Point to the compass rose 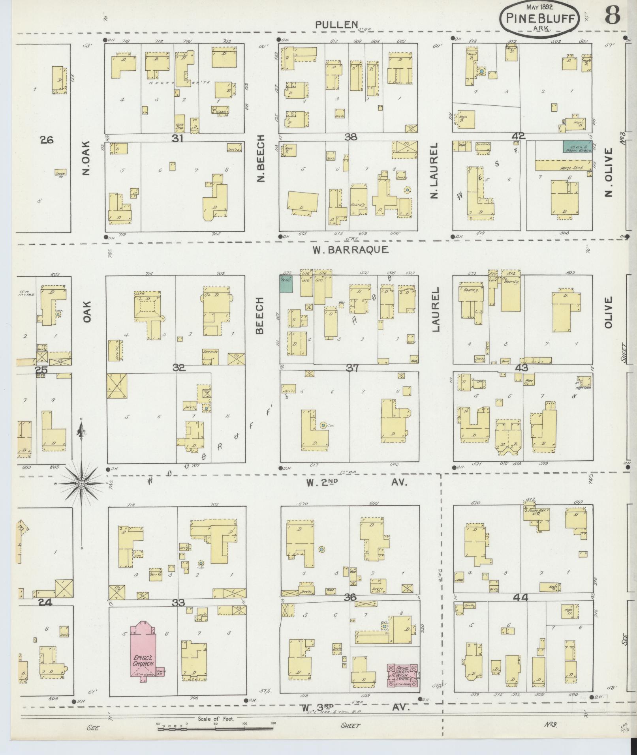click(x=81, y=483)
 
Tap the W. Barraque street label click(x=350, y=249)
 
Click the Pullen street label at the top click(x=336, y=24)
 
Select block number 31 click(x=178, y=138)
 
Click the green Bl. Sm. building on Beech click(x=286, y=283)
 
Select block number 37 click(x=351, y=368)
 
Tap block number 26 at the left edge click(x=47, y=140)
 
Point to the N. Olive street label click(x=608, y=172)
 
